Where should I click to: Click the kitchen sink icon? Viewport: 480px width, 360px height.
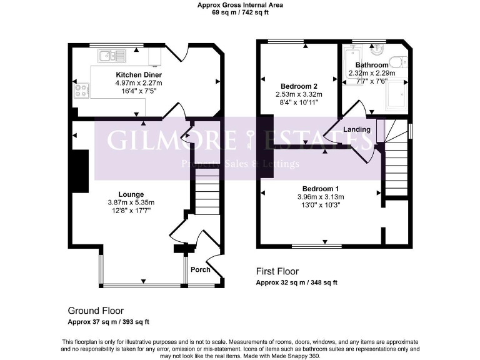pyautogui.click(x=112, y=56)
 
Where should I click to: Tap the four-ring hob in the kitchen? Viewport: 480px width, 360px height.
pyautogui.click(x=82, y=91)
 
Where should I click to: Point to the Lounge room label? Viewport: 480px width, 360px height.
pyautogui.click(x=131, y=194)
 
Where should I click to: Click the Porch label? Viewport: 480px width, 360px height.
pyautogui.click(x=200, y=270)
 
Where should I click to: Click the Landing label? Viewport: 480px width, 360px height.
pyautogui.click(x=357, y=129)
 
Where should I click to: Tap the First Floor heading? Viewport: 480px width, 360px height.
pyautogui.click(x=277, y=271)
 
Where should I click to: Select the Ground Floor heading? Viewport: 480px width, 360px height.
pyautogui.click(x=96, y=311)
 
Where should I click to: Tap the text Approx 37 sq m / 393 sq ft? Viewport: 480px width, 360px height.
pyautogui.click(x=108, y=322)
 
